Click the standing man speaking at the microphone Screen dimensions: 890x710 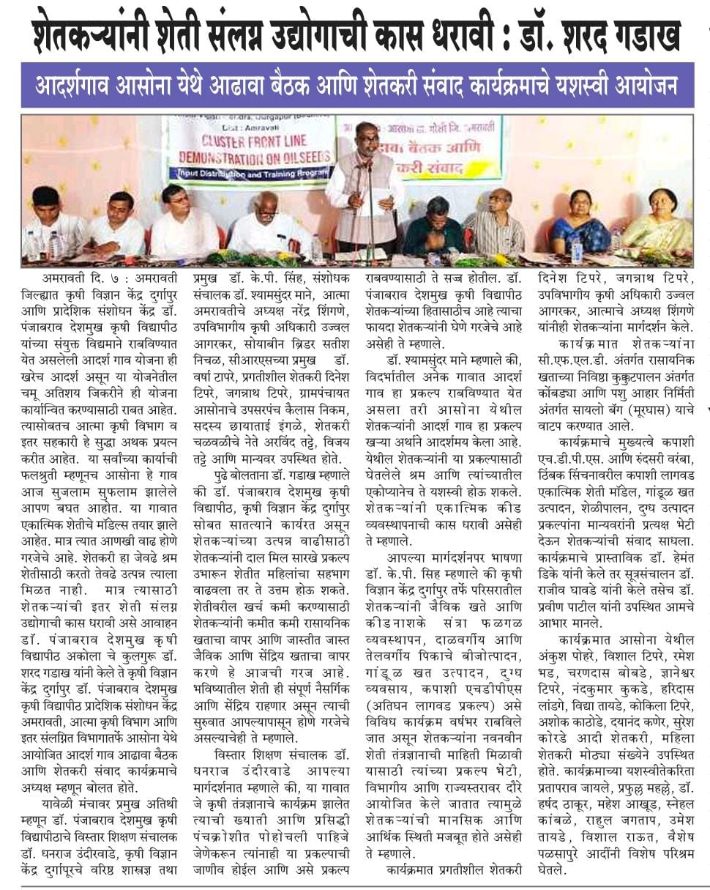point(365,190)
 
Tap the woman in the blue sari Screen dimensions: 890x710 point(581,224)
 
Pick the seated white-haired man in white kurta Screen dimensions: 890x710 point(269,223)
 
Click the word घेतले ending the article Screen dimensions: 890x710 point(551,869)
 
